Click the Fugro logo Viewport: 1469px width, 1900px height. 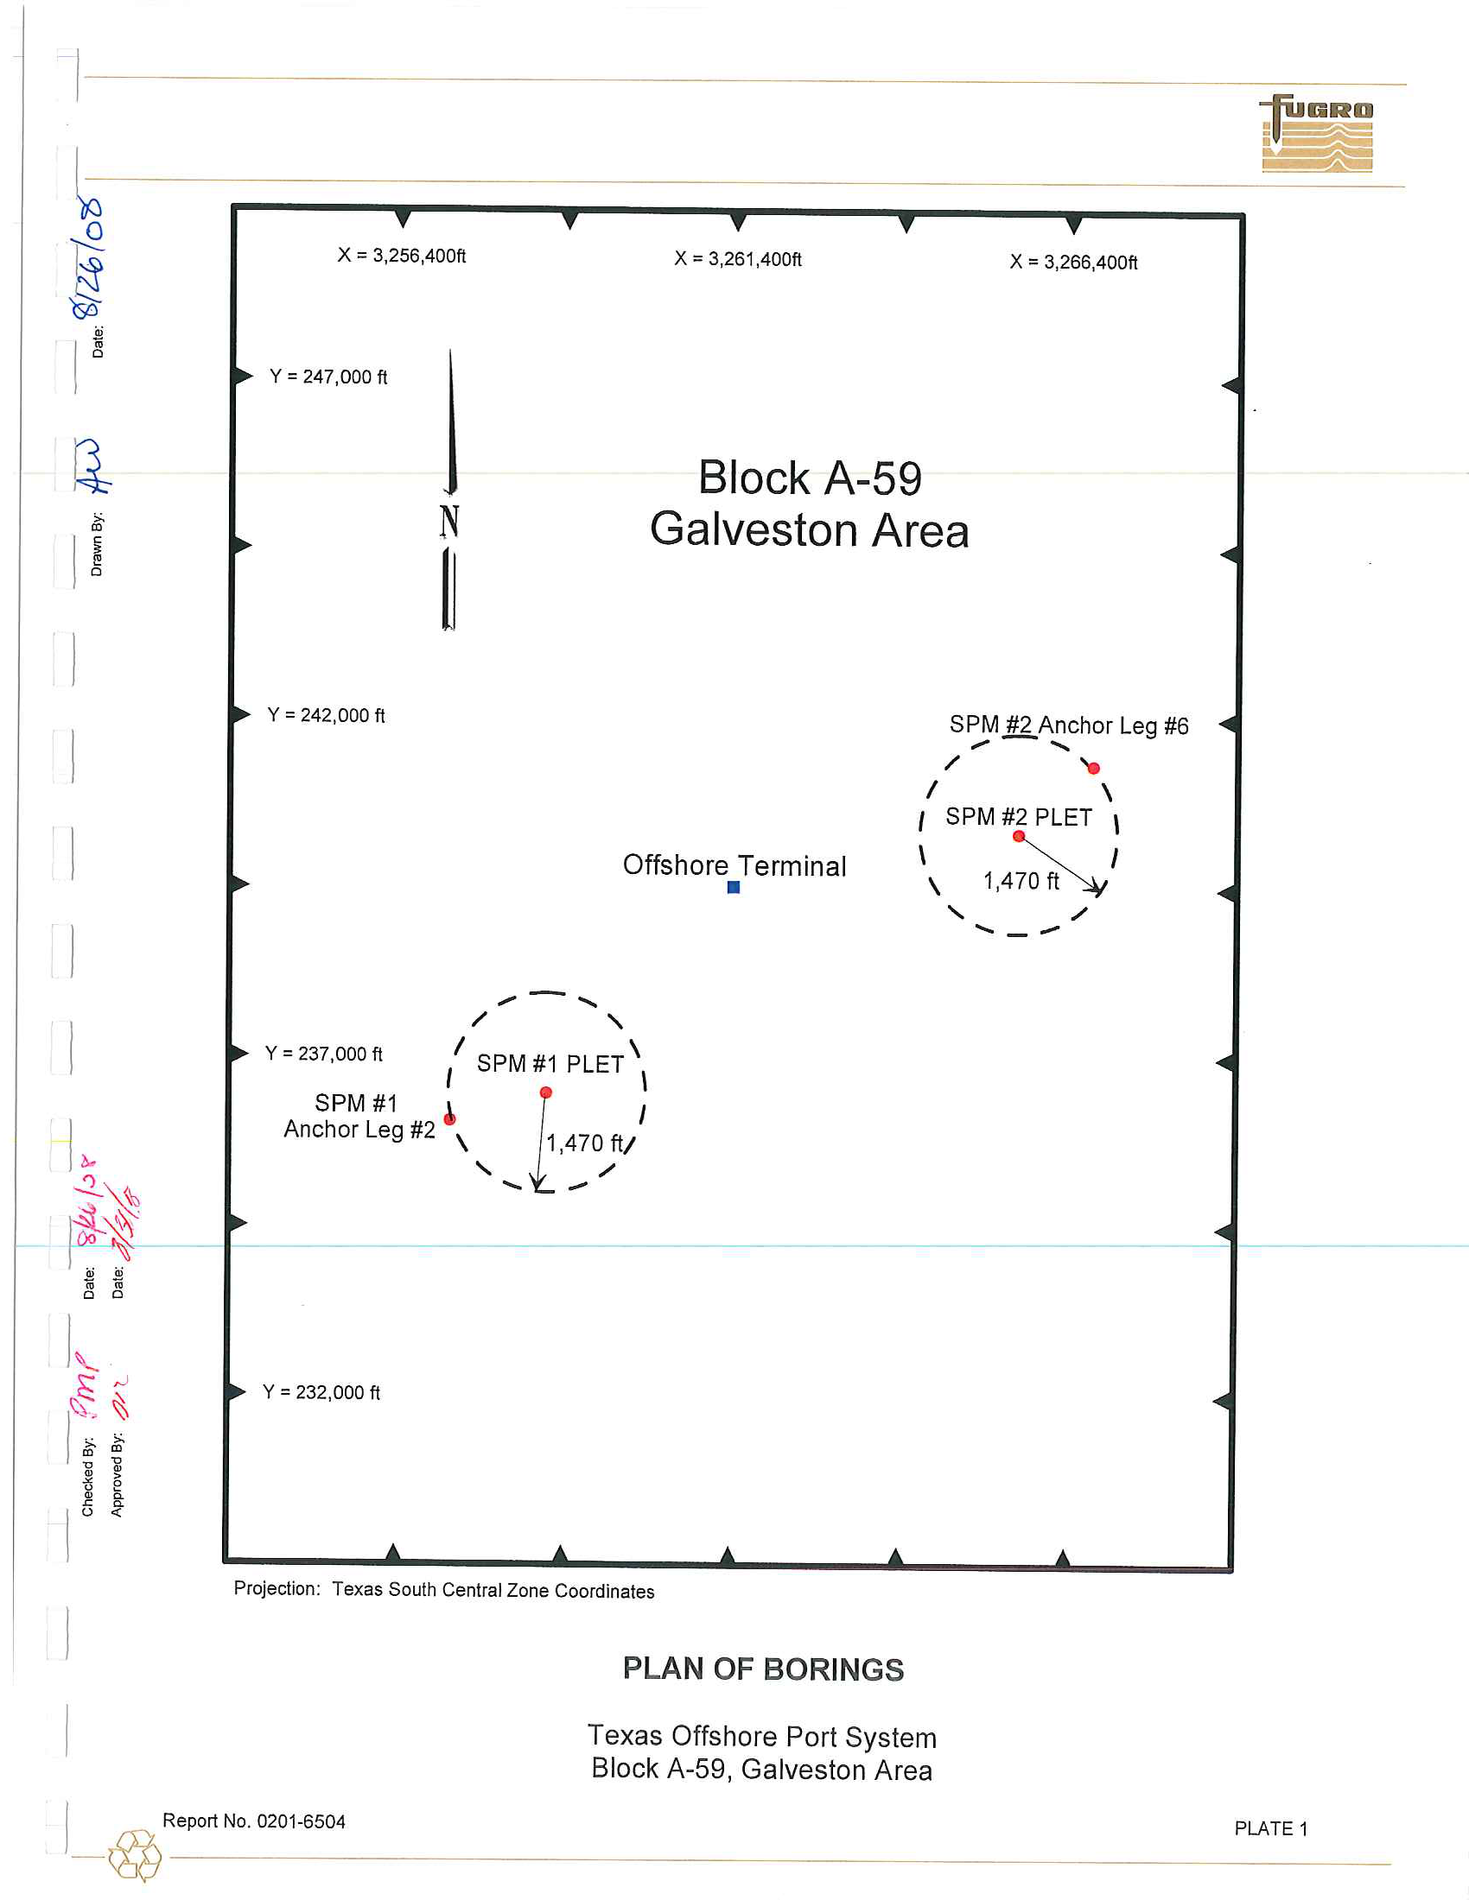coord(1316,134)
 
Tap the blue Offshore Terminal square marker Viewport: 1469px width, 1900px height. coord(734,887)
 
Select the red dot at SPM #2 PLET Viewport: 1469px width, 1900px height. coord(1018,836)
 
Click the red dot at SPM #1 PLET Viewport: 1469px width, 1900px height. coord(545,1092)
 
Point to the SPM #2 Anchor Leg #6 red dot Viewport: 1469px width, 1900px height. coord(1094,768)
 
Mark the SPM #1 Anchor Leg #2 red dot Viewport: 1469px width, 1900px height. coord(449,1118)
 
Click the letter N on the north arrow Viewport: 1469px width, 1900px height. coord(449,521)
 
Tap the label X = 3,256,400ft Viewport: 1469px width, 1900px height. coord(401,256)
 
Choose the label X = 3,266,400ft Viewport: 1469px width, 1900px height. coord(1073,262)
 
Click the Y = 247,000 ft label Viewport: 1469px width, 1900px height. coord(328,377)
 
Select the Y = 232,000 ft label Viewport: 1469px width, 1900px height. coord(321,1392)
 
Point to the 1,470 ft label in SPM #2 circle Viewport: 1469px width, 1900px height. coord(1021,881)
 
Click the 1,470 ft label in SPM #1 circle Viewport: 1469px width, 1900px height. coord(585,1143)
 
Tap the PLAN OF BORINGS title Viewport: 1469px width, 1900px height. coord(763,1669)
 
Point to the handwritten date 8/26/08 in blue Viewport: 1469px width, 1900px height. coord(89,257)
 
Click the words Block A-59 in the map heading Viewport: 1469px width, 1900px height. coord(810,478)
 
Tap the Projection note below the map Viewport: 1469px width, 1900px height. coord(444,1590)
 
